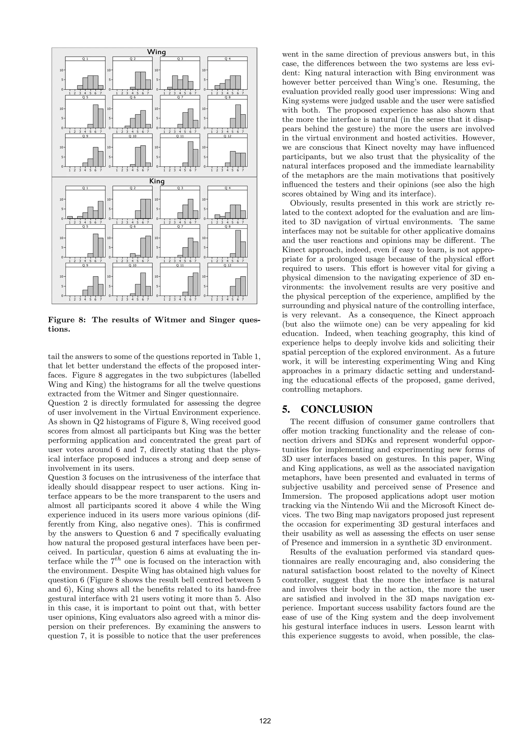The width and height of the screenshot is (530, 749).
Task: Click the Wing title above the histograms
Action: click(x=157, y=52)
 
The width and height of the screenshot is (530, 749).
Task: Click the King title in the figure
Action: click(x=157, y=181)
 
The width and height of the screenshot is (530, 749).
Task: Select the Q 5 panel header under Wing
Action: click(x=85, y=97)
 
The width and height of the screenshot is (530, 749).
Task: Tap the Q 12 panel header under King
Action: click(x=227, y=265)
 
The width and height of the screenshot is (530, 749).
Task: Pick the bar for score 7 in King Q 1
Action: click(x=100, y=210)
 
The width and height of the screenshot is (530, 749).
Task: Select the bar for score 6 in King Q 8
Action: click(x=238, y=244)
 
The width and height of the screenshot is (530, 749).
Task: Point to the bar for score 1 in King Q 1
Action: click(x=70, y=217)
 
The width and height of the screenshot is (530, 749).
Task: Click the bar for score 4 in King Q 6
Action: click(x=132, y=256)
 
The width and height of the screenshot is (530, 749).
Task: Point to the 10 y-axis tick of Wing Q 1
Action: click(x=61, y=70)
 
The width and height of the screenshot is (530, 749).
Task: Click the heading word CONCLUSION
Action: click(x=336, y=409)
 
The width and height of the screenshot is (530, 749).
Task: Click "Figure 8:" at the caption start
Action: click(x=67, y=320)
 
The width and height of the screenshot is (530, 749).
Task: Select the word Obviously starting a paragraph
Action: click(x=308, y=203)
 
